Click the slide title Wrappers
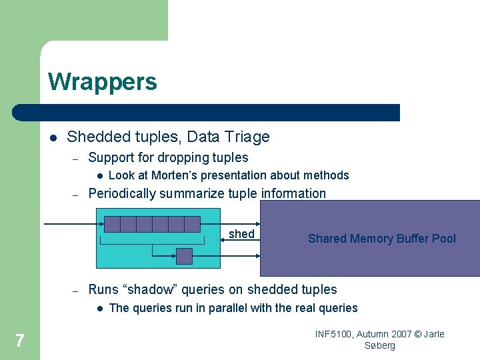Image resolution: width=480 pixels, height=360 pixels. tap(103, 82)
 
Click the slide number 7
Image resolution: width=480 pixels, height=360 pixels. tap(20, 341)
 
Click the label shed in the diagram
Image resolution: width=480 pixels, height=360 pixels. tap(241, 234)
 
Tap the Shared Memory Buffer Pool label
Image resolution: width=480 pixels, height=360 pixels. tap(381, 239)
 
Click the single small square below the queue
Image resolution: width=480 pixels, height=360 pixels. tap(184, 256)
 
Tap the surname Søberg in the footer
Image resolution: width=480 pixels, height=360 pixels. tap(380, 345)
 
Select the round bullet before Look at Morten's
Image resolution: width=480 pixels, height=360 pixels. tap(98, 176)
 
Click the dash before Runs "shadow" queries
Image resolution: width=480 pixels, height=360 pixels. tap(76, 290)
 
